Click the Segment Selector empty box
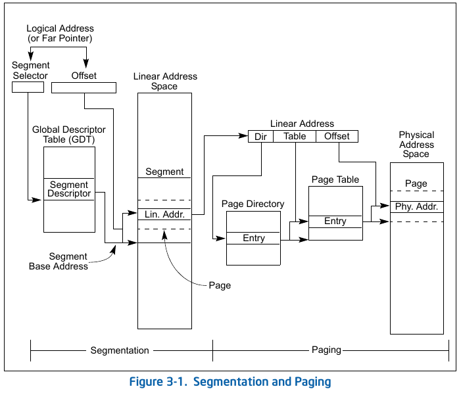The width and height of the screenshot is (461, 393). [x=28, y=87]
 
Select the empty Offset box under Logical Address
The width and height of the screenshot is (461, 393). [x=84, y=88]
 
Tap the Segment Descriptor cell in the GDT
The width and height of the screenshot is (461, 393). [x=69, y=189]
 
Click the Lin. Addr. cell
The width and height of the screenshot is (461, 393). [x=164, y=214]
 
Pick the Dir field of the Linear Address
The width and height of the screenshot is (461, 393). [x=261, y=137]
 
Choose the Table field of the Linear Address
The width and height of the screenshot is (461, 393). [x=295, y=137]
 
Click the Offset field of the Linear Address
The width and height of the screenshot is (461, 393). [x=337, y=137]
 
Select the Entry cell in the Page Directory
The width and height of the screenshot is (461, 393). [x=253, y=238]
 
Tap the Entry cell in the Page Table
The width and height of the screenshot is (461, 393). [x=335, y=221]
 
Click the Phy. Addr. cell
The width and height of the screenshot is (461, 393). [x=416, y=207]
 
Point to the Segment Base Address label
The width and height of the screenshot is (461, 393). [x=59, y=261]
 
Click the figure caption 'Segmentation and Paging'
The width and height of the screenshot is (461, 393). [x=262, y=382]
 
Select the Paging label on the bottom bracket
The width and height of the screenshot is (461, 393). [x=326, y=350]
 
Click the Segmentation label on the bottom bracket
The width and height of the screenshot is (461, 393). [x=120, y=350]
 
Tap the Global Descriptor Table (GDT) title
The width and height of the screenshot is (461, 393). [x=69, y=134]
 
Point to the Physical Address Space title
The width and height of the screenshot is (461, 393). [x=416, y=144]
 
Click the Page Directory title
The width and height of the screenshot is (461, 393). [x=253, y=204]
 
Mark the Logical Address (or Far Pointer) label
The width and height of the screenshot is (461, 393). [x=60, y=34]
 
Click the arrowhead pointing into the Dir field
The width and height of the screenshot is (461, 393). [x=243, y=135]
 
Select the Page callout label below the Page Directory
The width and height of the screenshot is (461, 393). [x=220, y=285]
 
